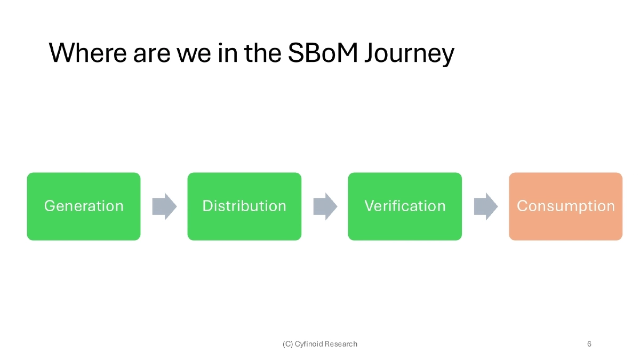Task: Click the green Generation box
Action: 84,206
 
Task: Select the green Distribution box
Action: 244,206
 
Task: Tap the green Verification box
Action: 405,206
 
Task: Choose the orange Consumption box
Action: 565,206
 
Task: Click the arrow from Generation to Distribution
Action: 164,206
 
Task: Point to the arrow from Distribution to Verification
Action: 325,206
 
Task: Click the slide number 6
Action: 589,344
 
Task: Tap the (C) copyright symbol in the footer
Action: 287,344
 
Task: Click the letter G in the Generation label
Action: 49,206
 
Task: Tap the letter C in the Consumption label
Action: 522,206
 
